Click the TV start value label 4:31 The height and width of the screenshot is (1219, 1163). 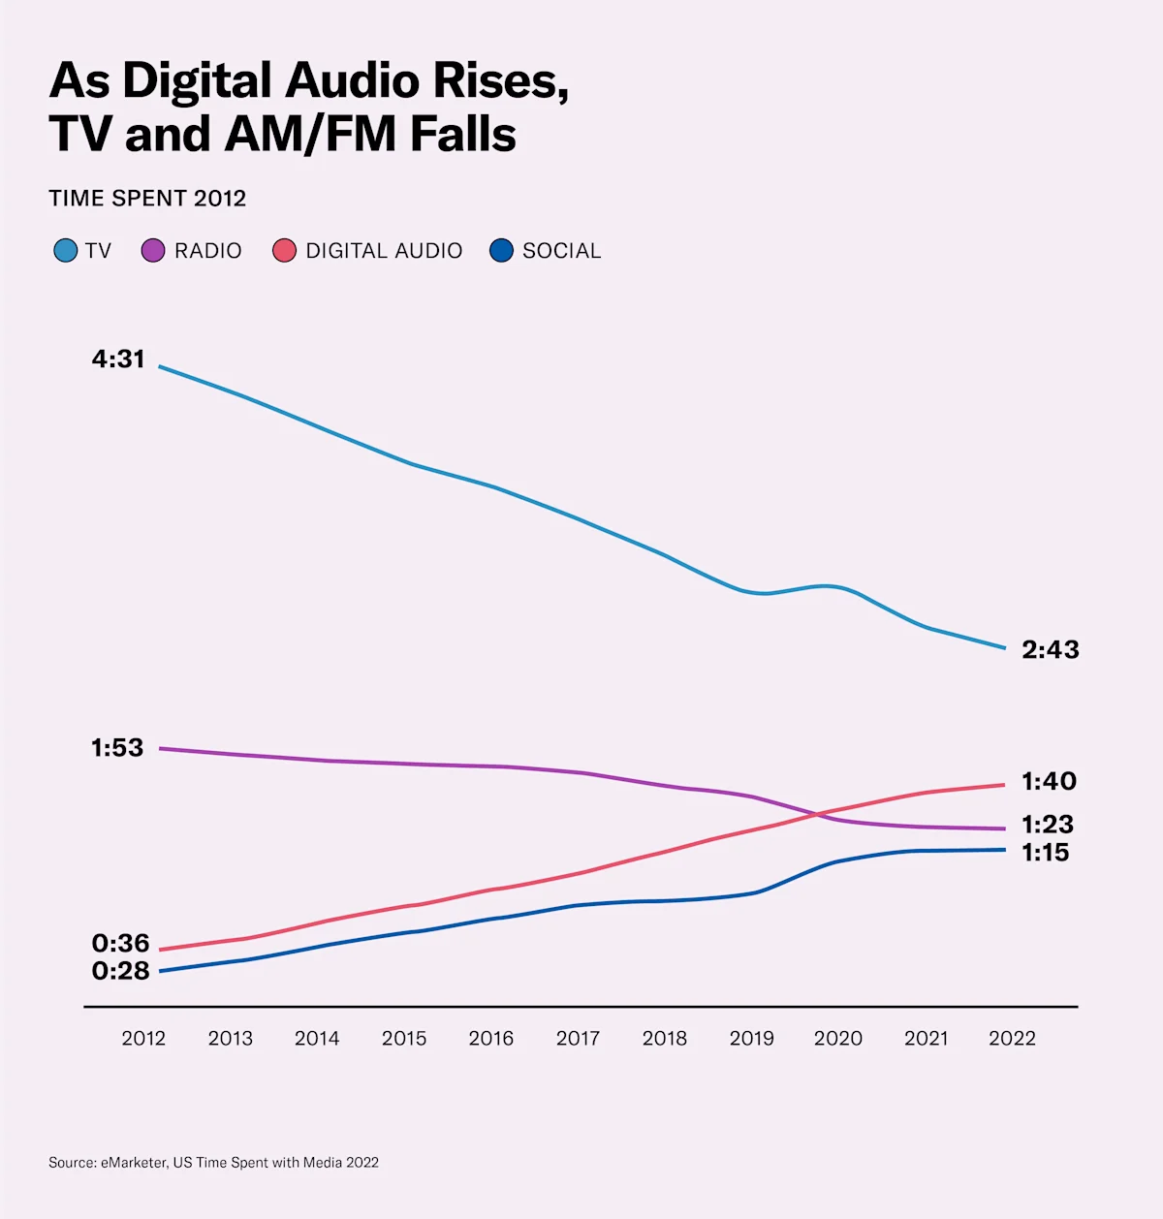(x=118, y=359)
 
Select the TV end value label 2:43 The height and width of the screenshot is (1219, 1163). (x=1050, y=649)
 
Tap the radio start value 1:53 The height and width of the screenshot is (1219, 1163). (x=117, y=748)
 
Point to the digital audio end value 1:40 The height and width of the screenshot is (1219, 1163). (x=1048, y=781)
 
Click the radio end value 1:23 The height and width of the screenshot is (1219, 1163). (x=1047, y=825)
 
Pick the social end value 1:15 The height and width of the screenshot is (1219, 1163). (x=1045, y=853)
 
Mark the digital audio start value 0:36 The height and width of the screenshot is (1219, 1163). (x=120, y=943)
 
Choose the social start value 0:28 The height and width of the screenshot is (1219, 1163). (x=120, y=970)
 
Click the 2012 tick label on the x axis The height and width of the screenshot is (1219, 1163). (x=143, y=1039)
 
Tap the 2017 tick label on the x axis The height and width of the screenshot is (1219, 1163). (x=578, y=1039)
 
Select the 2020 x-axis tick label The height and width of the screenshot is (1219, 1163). (x=838, y=1039)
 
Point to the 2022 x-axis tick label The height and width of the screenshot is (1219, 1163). (x=1012, y=1039)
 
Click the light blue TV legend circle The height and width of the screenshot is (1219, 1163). (x=65, y=251)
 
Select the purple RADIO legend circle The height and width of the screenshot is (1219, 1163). (x=153, y=251)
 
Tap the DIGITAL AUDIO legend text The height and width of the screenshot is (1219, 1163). (x=384, y=251)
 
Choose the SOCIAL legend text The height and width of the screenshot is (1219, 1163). (x=561, y=251)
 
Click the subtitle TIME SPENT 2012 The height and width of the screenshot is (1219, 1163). (x=147, y=199)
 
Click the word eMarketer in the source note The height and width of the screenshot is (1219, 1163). (x=134, y=1162)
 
